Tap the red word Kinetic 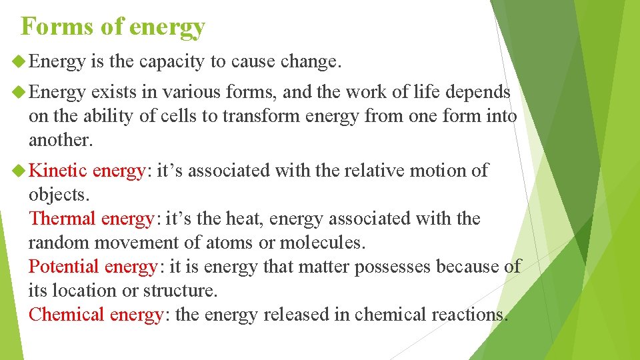(58, 171)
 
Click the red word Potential (64, 267)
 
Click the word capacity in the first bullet (172, 62)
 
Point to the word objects (57, 195)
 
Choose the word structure (181, 291)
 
